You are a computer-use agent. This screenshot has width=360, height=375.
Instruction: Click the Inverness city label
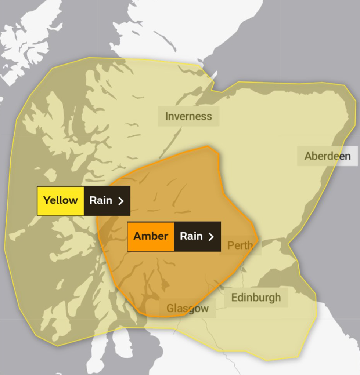tap(188, 116)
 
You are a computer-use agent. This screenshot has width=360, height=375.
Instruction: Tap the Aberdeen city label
tap(327, 156)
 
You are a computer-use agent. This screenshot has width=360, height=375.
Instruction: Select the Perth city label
tap(240, 245)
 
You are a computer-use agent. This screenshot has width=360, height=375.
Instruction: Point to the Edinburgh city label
tap(256, 297)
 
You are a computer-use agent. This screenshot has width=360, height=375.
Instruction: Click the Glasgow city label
tap(188, 308)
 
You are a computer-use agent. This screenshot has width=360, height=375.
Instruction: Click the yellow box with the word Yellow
tap(61, 200)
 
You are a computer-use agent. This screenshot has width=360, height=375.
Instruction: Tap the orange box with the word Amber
tap(151, 236)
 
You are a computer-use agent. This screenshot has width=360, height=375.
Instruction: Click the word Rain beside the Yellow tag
tap(101, 200)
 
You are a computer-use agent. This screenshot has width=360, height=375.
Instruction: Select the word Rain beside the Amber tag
tap(191, 236)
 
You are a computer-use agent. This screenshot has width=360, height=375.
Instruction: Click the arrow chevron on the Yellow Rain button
tap(121, 201)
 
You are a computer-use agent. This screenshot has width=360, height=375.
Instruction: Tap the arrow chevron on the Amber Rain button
tap(211, 237)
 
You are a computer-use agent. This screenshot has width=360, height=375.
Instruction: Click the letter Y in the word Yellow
tap(47, 200)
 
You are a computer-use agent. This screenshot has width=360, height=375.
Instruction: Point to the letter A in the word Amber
tap(137, 236)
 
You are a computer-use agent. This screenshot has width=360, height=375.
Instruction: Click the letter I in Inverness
tap(167, 116)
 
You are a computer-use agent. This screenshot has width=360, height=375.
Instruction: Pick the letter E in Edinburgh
tap(234, 297)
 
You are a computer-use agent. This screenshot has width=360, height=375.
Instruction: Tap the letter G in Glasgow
tap(170, 308)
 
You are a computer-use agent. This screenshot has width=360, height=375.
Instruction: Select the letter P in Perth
tap(230, 245)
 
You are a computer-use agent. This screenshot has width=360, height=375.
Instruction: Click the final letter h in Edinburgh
tap(278, 297)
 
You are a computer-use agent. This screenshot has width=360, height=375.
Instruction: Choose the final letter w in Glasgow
tap(204, 309)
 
